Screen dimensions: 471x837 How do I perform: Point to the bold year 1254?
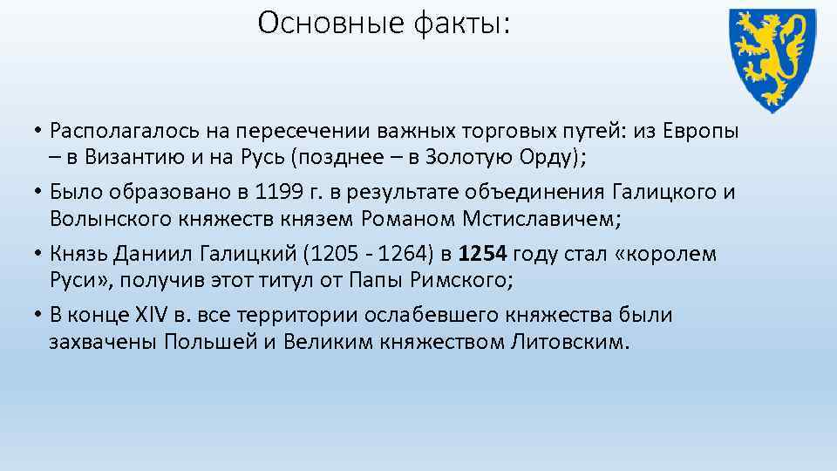click(x=482, y=255)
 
